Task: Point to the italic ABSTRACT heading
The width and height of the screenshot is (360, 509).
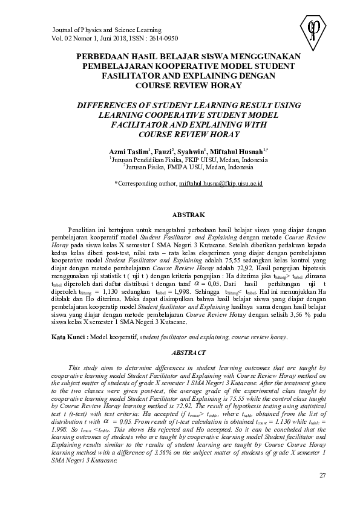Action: click(x=185, y=351)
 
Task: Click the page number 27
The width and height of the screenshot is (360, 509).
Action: click(x=322, y=478)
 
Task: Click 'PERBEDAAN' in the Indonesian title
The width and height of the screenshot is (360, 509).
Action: click(x=102, y=56)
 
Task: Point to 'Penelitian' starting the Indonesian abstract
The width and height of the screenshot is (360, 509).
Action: click(x=83, y=231)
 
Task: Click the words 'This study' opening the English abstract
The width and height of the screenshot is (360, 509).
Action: click(x=82, y=367)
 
